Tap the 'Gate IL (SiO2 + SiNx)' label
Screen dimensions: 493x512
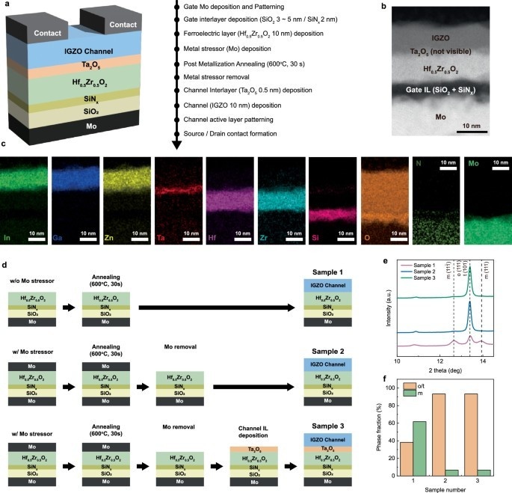[442, 91]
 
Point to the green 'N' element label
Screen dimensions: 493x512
[421, 162]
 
